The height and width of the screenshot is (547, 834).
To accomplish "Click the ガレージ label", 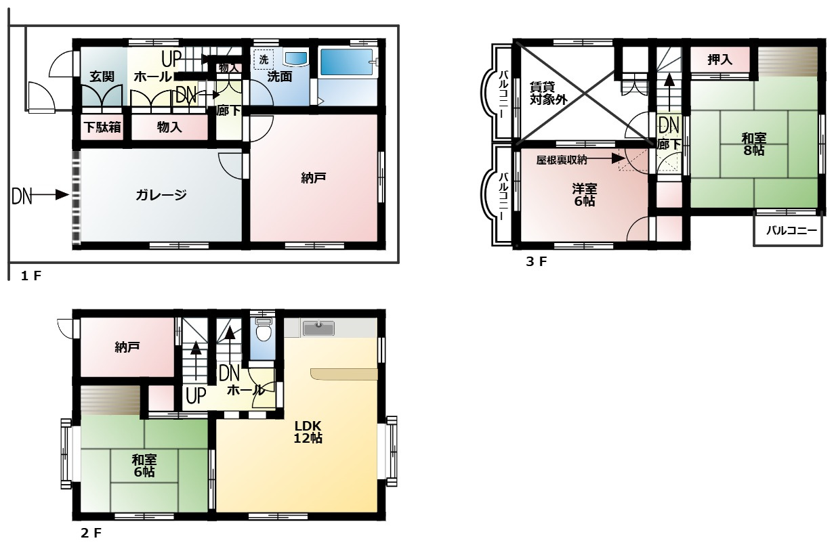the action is [161, 194].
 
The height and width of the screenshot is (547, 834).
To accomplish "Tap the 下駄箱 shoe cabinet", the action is [102, 127].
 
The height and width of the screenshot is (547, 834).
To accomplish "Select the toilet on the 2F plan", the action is [264, 329].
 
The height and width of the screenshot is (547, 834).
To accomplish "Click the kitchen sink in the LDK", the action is [318, 328].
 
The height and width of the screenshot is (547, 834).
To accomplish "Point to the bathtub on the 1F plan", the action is [347, 62].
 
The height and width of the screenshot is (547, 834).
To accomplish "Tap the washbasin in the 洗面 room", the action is [295, 58].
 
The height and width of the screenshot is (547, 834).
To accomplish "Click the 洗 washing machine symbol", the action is [264, 60].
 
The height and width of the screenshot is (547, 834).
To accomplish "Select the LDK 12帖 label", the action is [308, 432].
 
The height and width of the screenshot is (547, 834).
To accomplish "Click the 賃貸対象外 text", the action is [548, 93].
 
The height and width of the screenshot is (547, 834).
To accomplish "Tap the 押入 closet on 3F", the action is [720, 60].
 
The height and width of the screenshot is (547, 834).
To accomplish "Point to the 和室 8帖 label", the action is [754, 144].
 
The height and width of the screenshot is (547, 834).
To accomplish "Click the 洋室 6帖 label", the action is [584, 195].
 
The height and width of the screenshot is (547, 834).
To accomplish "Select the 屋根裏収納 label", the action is [562, 160].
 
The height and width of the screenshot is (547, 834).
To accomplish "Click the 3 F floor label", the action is [536, 261].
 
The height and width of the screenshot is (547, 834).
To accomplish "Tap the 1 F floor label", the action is [31, 276].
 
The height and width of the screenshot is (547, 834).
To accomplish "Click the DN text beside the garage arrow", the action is [22, 196].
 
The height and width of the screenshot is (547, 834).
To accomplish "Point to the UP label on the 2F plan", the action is [196, 395].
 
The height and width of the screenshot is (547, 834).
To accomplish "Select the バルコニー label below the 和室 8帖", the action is [791, 231].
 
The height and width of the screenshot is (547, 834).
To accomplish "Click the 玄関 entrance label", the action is [102, 76].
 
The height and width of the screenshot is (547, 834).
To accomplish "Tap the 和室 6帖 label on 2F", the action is [144, 466].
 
